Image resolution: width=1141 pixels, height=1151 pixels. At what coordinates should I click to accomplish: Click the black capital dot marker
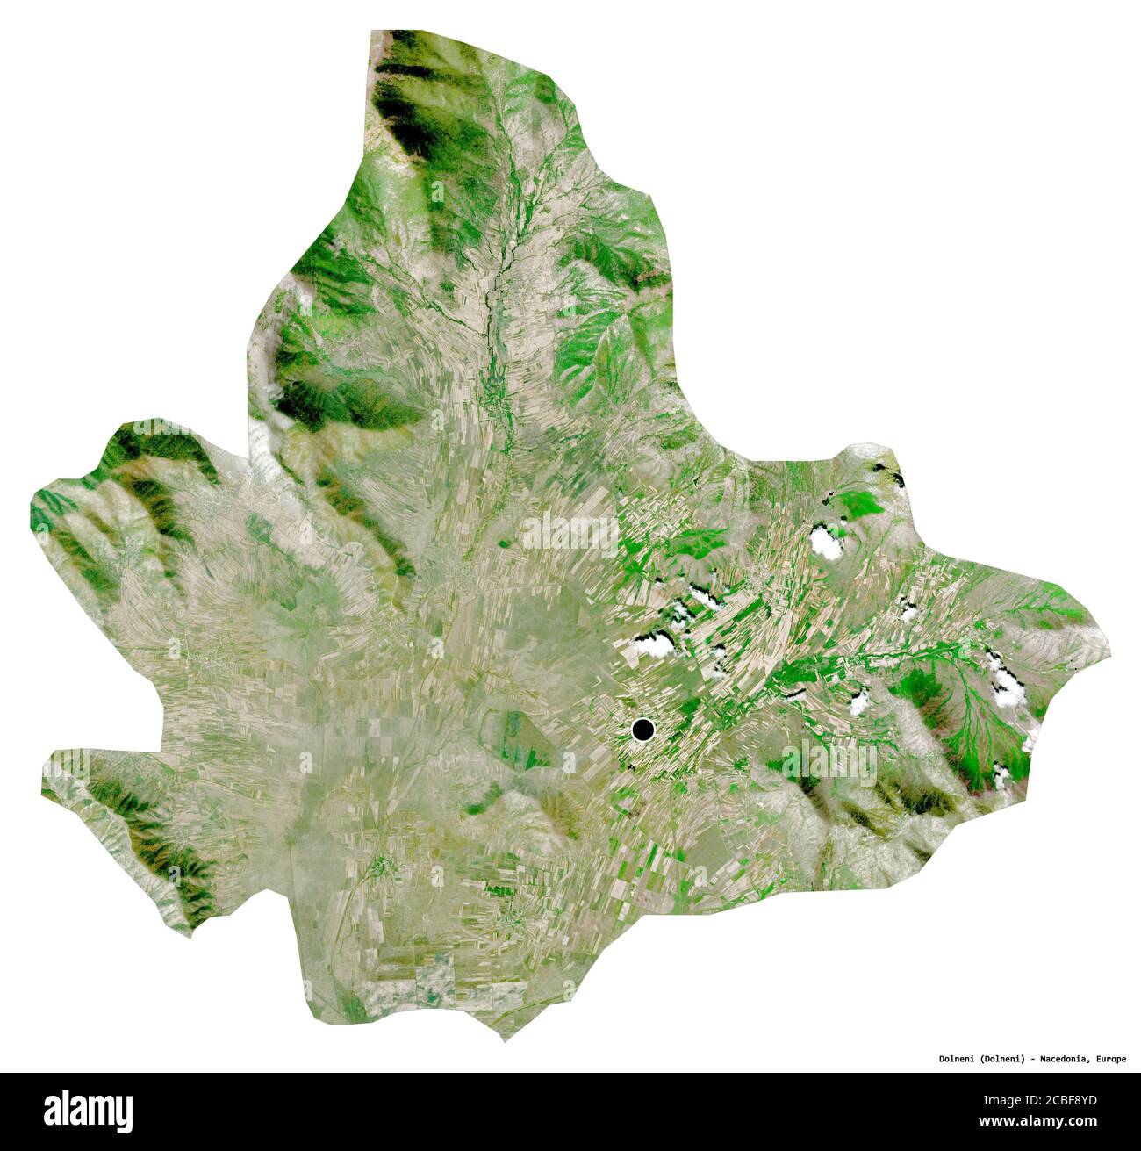coord(643,729)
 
